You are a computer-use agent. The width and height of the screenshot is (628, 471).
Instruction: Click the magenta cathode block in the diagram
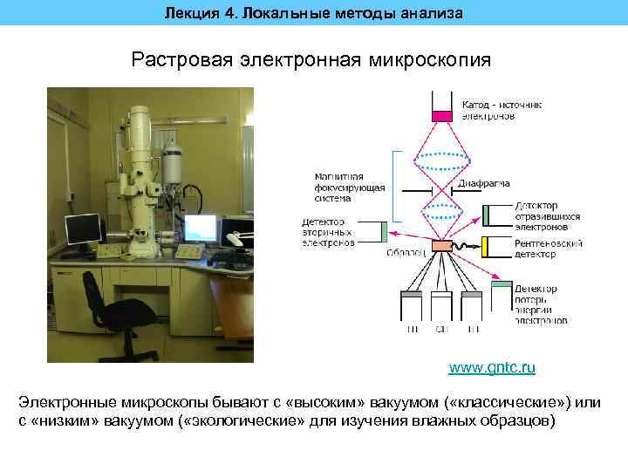(442, 115)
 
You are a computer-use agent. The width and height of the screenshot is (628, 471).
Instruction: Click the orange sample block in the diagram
(443, 247)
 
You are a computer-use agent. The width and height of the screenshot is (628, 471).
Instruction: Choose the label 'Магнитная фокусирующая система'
(341, 187)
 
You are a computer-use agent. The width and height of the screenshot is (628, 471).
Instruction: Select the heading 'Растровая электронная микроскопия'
(311, 60)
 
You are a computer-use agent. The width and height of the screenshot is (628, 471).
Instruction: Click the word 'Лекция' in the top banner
(188, 12)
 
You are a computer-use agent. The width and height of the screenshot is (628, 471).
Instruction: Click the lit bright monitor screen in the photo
(200, 228)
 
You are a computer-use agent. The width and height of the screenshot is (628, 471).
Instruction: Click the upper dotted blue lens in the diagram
(443, 162)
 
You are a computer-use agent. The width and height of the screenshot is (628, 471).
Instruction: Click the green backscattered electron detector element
(488, 214)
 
